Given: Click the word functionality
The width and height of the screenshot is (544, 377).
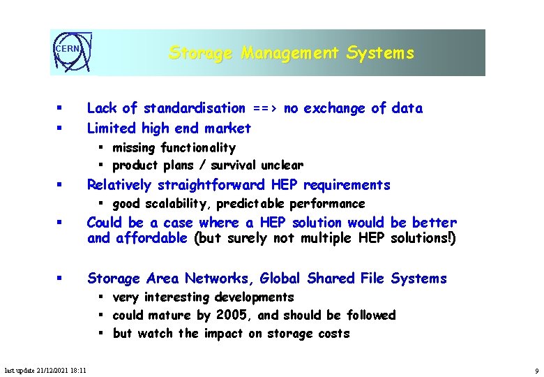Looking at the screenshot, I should point(198,147).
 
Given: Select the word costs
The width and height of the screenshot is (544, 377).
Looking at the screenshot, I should point(333,334).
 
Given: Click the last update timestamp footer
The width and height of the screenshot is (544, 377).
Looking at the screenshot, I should point(45,370).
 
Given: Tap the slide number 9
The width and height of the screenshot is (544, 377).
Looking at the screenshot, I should point(536,370).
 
